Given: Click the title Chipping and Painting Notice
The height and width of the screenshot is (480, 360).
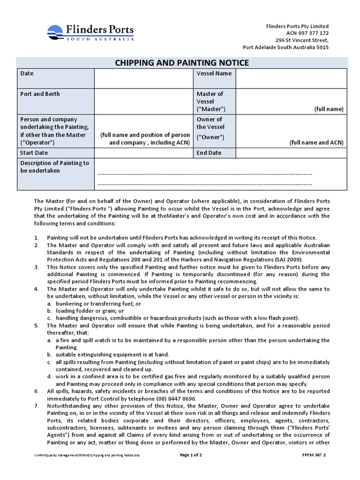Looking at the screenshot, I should click(x=182, y=63).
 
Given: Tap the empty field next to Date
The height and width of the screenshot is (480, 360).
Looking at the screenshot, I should click(x=143, y=78).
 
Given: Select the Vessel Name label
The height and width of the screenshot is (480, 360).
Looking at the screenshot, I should click(x=214, y=74).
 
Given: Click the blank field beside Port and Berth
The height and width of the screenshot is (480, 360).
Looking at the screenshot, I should click(x=143, y=101).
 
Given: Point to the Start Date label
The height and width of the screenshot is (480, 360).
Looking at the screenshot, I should click(x=34, y=153).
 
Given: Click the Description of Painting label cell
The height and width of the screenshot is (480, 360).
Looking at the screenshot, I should click(x=55, y=167).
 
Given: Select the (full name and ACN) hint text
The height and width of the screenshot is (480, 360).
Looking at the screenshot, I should click(x=316, y=142).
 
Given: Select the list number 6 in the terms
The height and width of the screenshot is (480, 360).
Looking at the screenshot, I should click(x=37, y=391).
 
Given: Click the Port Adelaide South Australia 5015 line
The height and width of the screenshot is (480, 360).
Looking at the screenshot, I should click(x=285, y=47).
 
